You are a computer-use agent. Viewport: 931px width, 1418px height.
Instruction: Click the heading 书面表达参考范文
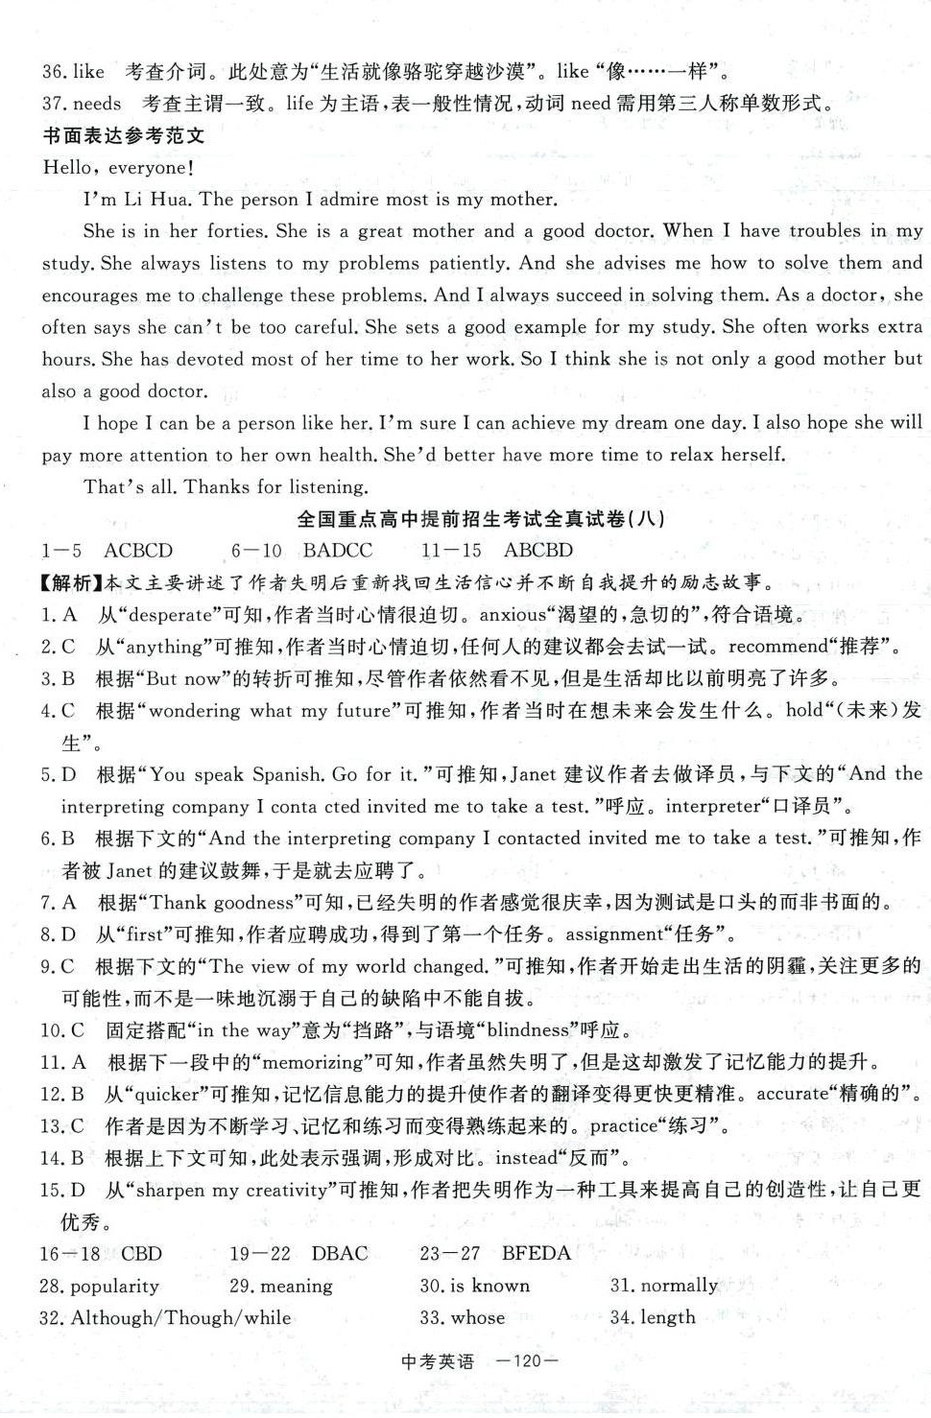coord(124,135)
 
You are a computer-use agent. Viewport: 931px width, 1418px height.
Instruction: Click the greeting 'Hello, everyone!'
coord(118,168)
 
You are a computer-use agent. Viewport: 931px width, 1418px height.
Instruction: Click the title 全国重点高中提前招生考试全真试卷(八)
coord(480,519)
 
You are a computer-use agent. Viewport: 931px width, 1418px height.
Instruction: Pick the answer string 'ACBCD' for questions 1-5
coord(138,551)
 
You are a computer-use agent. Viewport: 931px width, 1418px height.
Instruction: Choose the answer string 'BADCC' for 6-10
coord(338,551)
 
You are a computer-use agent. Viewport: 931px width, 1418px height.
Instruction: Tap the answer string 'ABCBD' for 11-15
coord(537,551)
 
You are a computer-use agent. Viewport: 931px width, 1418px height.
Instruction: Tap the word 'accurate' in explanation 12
coord(793,1094)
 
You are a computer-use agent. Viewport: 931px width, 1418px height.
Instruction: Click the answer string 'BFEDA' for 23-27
coord(536,1253)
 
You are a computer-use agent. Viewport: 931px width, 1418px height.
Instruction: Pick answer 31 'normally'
coord(677,1286)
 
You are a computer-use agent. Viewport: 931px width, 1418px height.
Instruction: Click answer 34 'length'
coord(666,1317)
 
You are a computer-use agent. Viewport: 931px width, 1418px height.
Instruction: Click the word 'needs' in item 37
coord(97,104)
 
